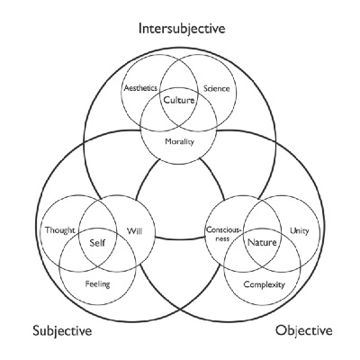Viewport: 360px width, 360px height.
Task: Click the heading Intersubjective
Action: tap(182, 29)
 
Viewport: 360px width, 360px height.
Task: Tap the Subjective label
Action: tap(62, 331)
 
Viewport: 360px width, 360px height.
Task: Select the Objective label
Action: tap(304, 330)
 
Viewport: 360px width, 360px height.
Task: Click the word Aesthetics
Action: tap(140, 88)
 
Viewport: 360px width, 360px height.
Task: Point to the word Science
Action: tap(217, 88)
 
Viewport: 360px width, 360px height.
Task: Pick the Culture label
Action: tap(179, 100)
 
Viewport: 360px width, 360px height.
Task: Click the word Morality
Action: tap(179, 141)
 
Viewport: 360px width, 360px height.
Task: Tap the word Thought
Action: tap(60, 230)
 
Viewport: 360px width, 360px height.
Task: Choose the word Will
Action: tap(134, 231)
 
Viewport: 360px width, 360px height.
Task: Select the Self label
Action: tap(98, 242)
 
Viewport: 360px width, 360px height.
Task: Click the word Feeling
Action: tap(97, 283)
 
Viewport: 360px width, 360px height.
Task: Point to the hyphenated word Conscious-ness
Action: tap(223, 234)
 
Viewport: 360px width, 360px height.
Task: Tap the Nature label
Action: tap(262, 242)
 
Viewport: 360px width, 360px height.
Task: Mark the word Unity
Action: tap(300, 231)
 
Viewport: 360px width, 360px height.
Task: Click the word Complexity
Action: tap(264, 284)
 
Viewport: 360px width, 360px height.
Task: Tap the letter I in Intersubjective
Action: tap(140, 29)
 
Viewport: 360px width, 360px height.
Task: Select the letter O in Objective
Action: tap(281, 330)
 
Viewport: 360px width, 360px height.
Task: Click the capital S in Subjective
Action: tap(36, 331)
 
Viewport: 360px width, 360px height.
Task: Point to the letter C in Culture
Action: tap(166, 100)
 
